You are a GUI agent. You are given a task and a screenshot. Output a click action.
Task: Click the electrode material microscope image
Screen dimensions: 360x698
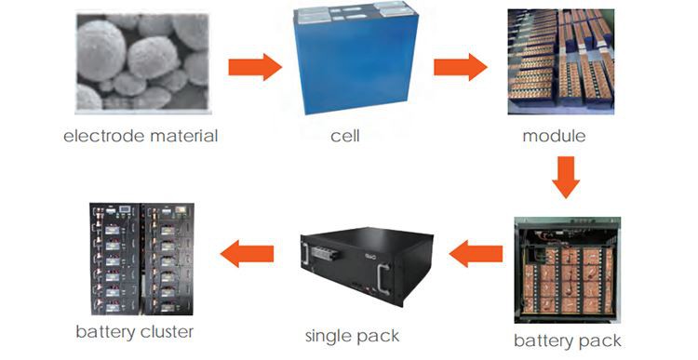pos(142,63)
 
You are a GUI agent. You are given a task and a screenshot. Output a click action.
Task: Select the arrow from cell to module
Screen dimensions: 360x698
pos(461,67)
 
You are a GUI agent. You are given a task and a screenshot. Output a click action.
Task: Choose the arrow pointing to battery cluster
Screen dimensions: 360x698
pos(245,253)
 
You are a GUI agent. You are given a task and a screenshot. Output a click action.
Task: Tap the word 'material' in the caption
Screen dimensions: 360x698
pos(183,137)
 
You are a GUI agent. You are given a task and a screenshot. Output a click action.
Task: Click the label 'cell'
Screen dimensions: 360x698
pos(344,137)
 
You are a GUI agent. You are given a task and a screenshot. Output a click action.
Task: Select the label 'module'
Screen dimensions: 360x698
pos(554,137)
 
